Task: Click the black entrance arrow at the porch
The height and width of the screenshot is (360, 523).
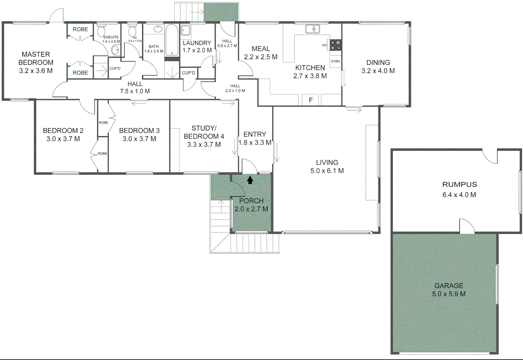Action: pyautogui.click(x=250, y=180)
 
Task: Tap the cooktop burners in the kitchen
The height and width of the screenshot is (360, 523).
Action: pyautogui.click(x=335, y=45)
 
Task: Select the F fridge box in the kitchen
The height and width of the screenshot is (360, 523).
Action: pyautogui.click(x=310, y=100)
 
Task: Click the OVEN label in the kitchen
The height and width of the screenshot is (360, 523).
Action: pyautogui.click(x=335, y=61)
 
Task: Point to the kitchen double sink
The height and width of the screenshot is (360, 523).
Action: pyautogui.click(x=312, y=29)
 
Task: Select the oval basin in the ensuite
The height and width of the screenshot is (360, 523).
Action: pyautogui.click(x=116, y=50)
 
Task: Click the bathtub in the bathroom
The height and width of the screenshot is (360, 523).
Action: pyautogui.click(x=172, y=40)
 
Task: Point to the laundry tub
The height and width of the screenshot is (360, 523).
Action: pyautogui.click(x=186, y=30)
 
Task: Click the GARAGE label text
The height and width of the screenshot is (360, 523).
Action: pyautogui.click(x=449, y=286)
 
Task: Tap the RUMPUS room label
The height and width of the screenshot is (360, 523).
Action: pyautogui.click(x=459, y=184)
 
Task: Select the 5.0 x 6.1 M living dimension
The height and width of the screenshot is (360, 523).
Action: pyautogui.click(x=327, y=171)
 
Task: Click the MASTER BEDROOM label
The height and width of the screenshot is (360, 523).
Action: pyautogui.click(x=36, y=58)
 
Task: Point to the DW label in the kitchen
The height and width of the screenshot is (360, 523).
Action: pyautogui.click(x=324, y=45)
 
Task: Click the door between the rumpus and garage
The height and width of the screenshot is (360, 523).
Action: pyautogui.click(x=467, y=227)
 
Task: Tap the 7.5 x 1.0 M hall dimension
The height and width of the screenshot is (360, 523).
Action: pyautogui.click(x=135, y=91)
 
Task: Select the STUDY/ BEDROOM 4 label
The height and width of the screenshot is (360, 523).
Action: pyautogui.click(x=204, y=132)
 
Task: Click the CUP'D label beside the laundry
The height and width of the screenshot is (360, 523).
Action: pyautogui.click(x=189, y=73)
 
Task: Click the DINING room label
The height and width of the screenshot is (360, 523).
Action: pyautogui.click(x=378, y=62)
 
